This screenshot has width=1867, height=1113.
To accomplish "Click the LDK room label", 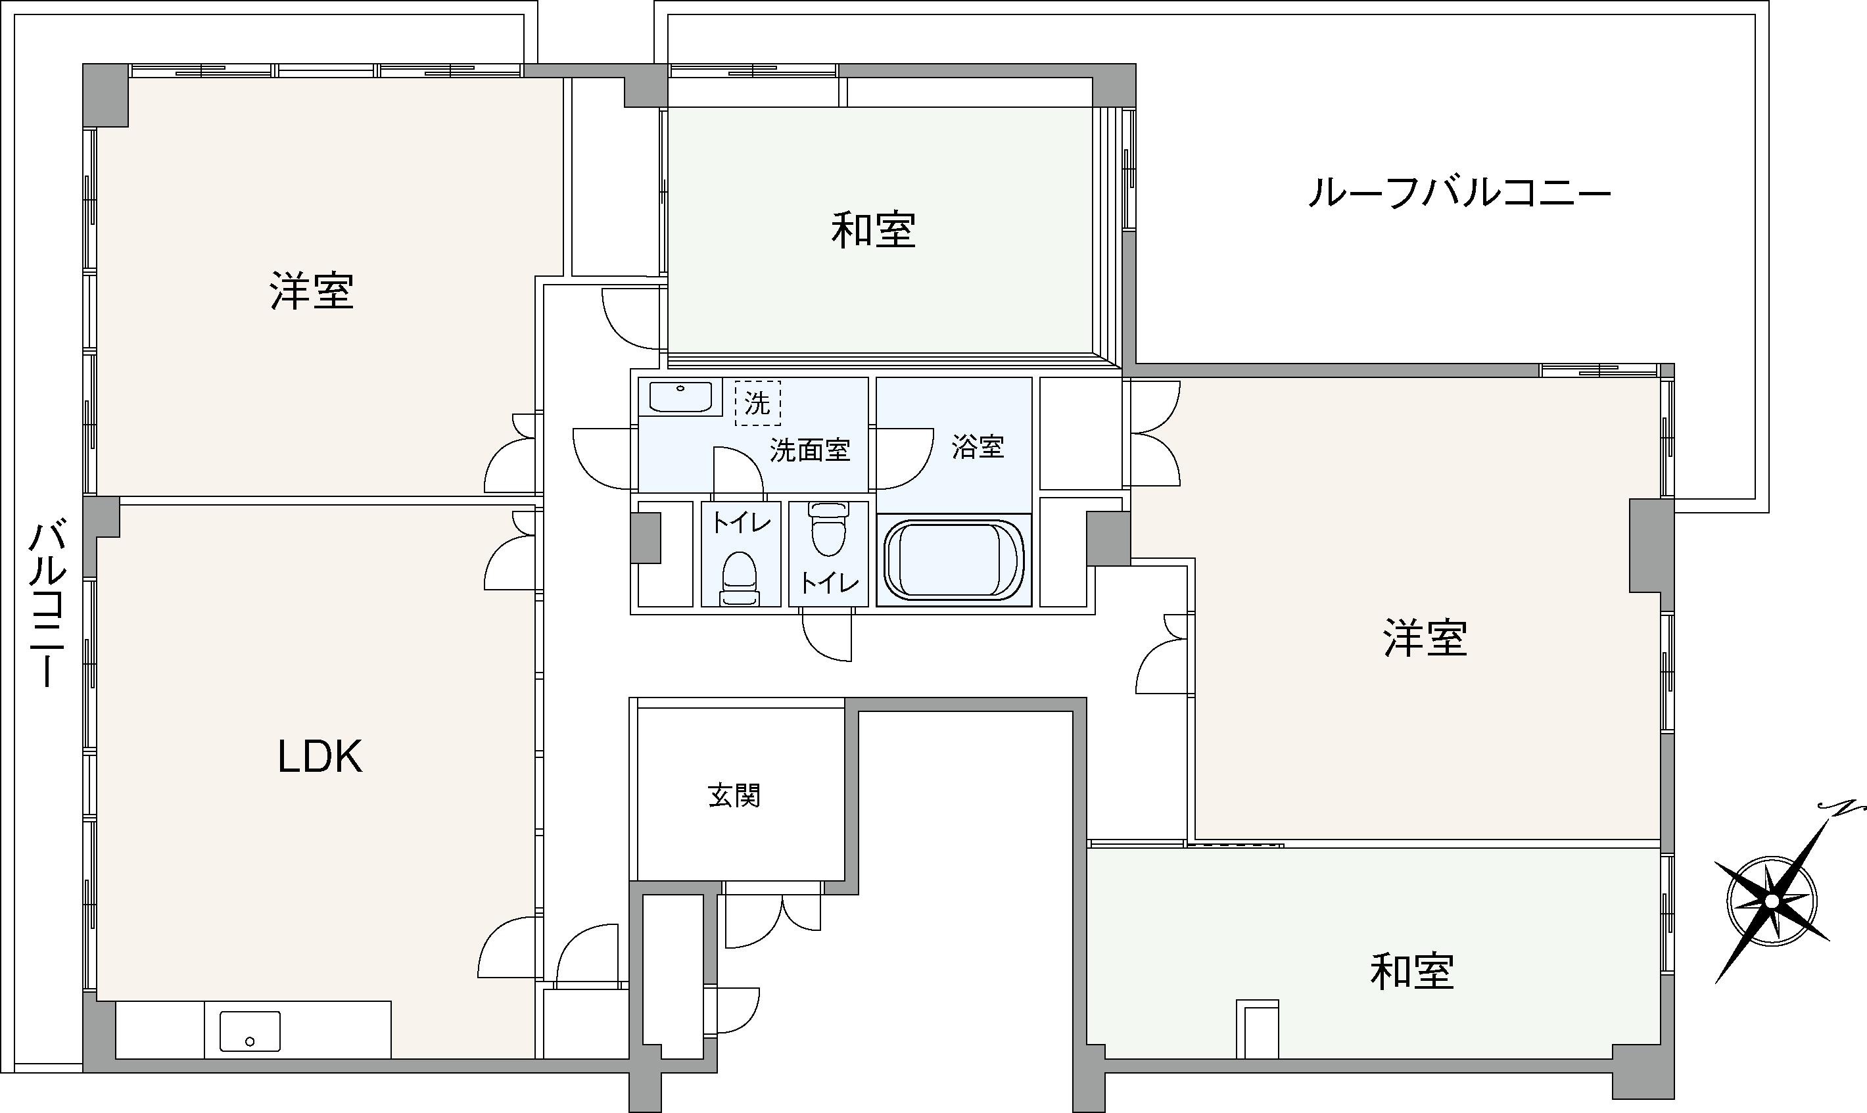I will pos(320,757).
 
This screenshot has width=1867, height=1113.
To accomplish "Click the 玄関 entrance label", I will pos(734,795).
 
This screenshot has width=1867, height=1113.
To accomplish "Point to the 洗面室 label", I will pos(810,450).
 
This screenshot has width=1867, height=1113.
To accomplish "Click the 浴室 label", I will pos(978,447).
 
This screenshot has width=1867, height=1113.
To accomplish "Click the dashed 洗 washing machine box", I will pos(757,404).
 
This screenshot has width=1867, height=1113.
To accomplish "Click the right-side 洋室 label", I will pos(1425,638).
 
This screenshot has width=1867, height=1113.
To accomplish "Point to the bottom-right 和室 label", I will pos(1412,971).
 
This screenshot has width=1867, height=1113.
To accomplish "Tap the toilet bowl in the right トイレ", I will pos(828,529).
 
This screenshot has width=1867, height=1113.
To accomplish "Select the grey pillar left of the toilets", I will pos(646,538).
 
